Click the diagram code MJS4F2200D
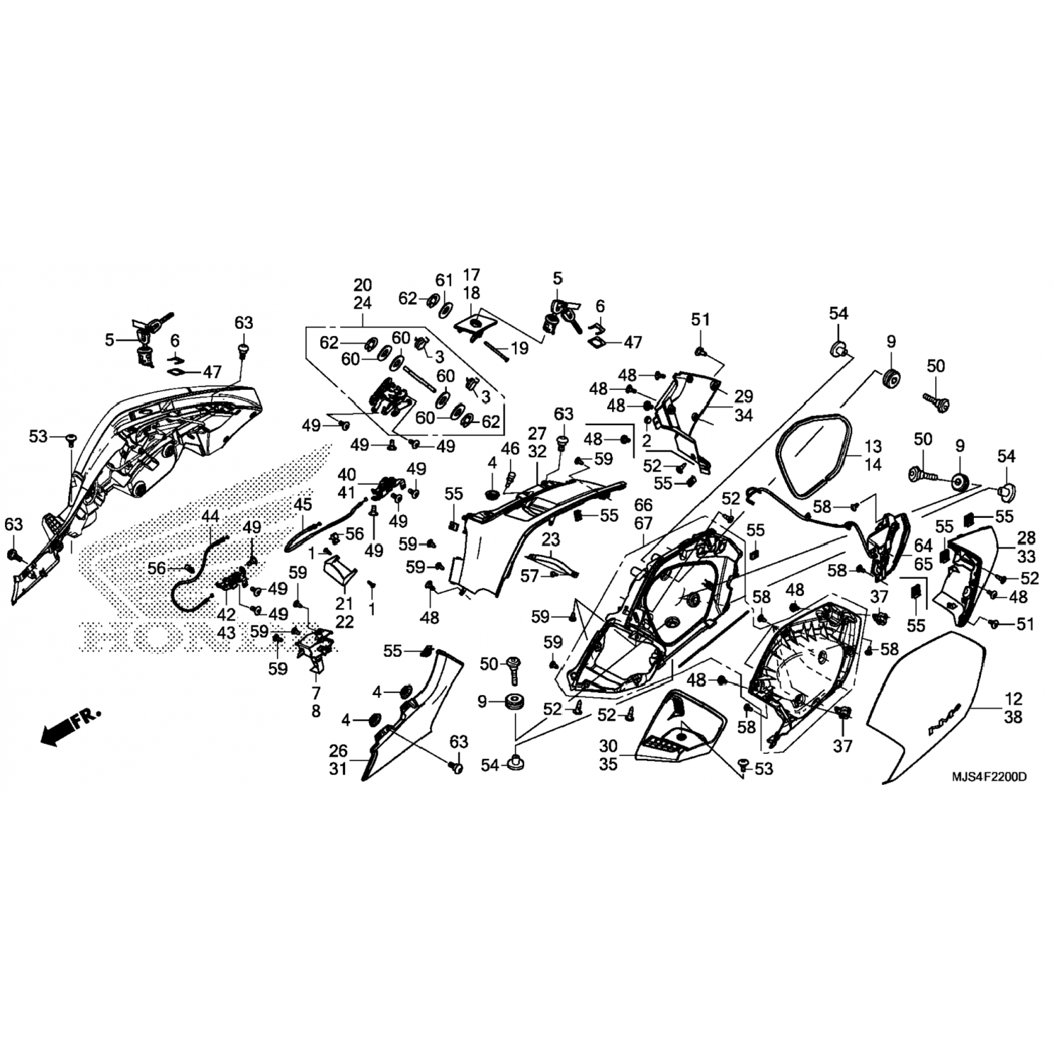[x=989, y=777]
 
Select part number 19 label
[x=519, y=348]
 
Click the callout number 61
[x=445, y=280]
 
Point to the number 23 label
[x=551, y=540]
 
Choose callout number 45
[x=302, y=505]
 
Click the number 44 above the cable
[x=210, y=516]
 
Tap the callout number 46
[x=510, y=448]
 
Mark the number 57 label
[x=530, y=576]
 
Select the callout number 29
[x=743, y=396]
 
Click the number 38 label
[x=1013, y=717]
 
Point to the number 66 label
[x=643, y=505]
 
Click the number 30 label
[x=609, y=746]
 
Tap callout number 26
[x=339, y=751]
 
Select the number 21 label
[x=345, y=604]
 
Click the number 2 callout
[x=647, y=440]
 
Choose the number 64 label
[x=923, y=546]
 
